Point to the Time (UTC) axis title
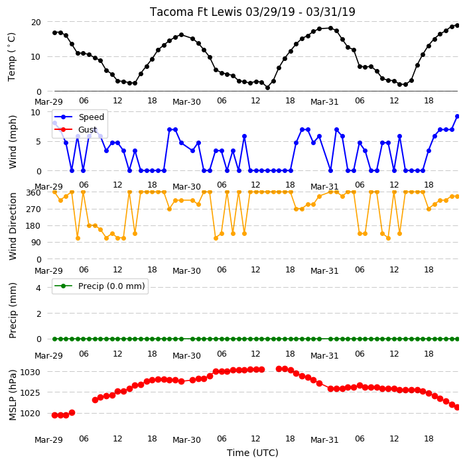tap(253, 453)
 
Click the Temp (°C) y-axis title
tap(11, 57)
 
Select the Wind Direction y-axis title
tap(13, 226)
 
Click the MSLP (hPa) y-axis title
tap(13, 395)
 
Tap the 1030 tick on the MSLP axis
tap(30, 372)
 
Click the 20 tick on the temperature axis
tap(36, 23)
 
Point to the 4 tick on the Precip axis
tap(38, 288)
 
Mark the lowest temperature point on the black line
tap(267, 87)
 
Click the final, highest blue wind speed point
tap(458, 117)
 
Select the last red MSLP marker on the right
tap(458, 407)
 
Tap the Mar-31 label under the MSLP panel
tap(324, 440)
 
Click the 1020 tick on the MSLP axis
tap(30, 414)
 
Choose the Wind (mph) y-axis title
tap(13, 142)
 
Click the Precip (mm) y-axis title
tap(13, 310)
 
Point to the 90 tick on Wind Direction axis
tap(36, 243)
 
